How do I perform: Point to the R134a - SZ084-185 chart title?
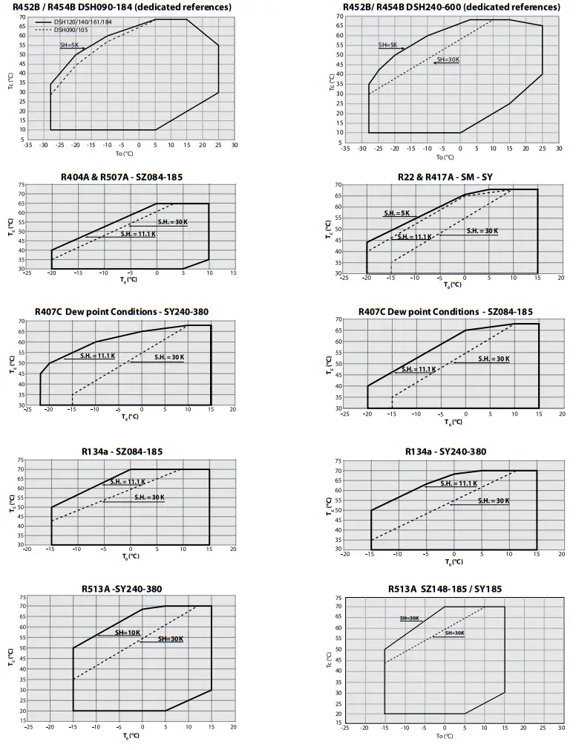tap(122, 451)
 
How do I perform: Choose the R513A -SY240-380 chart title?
tap(122, 589)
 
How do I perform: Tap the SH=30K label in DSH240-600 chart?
tap(448, 59)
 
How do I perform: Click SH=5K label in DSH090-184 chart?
tap(69, 45)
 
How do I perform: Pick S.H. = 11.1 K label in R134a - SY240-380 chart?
tap(459, 483)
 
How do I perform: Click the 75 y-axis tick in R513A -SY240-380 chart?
tap(23, 597)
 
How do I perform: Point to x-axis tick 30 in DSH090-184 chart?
tap(235, 146)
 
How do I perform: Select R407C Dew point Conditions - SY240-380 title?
tap(122, 312)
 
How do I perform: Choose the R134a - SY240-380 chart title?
tap(445, 451)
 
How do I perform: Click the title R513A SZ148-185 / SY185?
tap(445, 589)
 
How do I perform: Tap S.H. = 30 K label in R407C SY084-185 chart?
tap(494, 359)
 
